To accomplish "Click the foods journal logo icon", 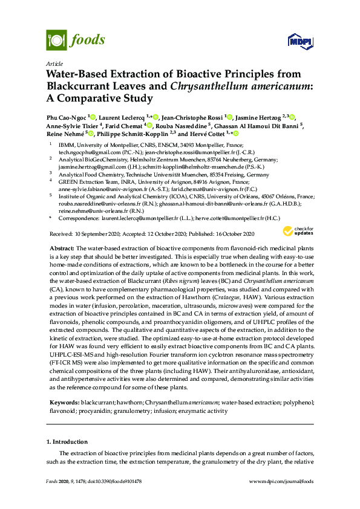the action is click(56, 41).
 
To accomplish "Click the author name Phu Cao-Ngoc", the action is click(66, 116).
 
